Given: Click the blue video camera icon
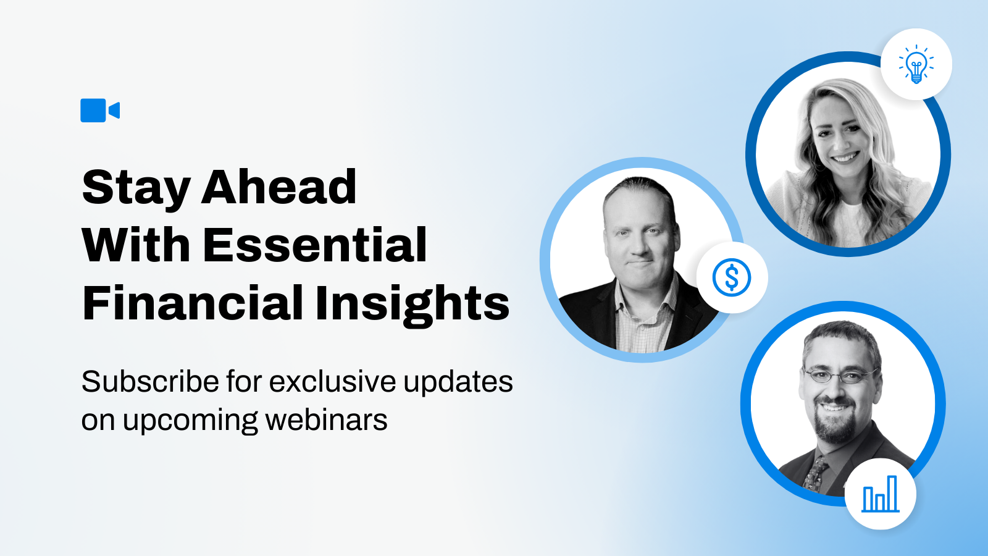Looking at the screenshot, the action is pos(100,111).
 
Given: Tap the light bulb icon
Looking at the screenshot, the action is pos(916,64).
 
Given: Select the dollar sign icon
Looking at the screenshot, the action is pos(732,277).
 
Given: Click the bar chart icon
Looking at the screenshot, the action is pos(881,494).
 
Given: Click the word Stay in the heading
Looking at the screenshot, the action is pos(136,188).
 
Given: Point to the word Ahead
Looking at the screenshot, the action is pos(278,186).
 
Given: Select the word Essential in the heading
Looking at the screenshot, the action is pos(314,245).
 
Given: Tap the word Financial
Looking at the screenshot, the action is pos(193,303).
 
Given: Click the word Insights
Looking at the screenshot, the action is pos(412,305).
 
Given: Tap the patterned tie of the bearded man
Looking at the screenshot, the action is pos(814,474).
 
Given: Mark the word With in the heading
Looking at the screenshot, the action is pos(136,245).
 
